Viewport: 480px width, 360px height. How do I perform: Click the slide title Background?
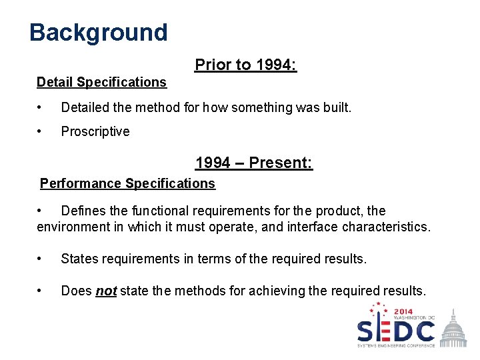[99, 32]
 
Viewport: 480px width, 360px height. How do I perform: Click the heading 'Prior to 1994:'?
[245, 65]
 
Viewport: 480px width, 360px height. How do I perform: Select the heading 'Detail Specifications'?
[101, 82]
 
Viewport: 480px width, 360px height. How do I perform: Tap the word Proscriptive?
[95, 131]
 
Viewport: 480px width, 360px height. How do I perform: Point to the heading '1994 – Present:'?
[254, 163]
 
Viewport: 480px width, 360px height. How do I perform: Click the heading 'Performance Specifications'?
[127, 183]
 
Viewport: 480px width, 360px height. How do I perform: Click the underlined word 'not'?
[106, 291]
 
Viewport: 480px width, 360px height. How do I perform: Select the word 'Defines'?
[83, 211]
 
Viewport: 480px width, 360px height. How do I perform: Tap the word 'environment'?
[73, 227]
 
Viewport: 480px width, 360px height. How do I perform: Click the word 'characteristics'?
[385, 227]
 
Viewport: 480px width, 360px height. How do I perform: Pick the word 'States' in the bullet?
[80, 259]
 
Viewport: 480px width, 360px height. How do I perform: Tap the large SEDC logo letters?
[396, 331]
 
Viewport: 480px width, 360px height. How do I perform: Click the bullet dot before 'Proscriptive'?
[41, 131]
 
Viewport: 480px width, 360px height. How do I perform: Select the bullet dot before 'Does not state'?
[41, 291]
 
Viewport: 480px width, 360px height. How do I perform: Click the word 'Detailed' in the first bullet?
[85, 107]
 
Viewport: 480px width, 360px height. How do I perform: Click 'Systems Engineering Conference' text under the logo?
[396, 345]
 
